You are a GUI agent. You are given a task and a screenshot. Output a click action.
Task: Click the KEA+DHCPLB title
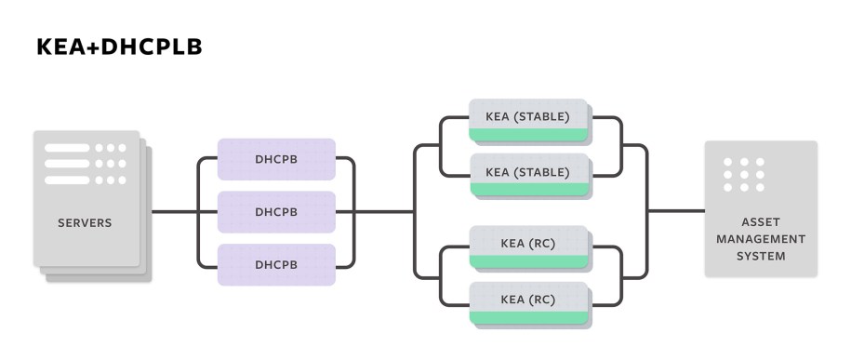(119, 47)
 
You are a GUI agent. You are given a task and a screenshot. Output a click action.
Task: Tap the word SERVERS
(85, 223)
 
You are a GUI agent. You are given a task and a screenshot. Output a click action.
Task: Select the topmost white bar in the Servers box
(67, 148)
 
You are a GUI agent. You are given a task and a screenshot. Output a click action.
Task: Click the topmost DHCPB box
(276, 159)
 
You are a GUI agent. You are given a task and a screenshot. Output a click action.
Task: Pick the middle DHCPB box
(276, 212)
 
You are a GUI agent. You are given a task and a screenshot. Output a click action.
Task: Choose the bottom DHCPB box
(276, 264)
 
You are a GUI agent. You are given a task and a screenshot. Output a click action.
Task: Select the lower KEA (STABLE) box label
(527, 171)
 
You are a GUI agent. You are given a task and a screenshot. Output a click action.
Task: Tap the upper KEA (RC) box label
(527, 244)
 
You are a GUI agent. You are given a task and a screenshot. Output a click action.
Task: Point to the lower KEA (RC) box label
(527, 300)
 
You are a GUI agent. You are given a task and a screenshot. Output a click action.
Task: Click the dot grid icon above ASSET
(743, 175)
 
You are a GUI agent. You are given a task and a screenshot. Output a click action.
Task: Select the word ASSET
(761, 223)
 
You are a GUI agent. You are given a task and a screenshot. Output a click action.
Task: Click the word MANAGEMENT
(761, 239)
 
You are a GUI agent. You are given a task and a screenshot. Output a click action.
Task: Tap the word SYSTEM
(761, 256)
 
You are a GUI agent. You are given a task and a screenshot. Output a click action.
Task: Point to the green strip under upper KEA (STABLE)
(528, 136)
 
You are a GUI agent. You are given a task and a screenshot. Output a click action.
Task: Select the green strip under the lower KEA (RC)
(528, 318)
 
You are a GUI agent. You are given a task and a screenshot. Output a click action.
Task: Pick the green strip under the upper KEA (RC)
(528, 262)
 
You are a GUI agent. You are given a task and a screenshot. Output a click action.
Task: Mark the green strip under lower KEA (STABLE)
(528, 190)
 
